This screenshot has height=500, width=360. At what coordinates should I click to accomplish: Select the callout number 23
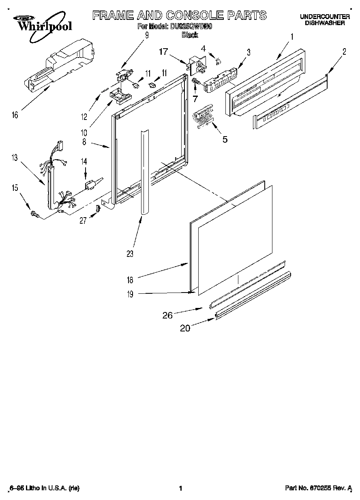tap(130, 254)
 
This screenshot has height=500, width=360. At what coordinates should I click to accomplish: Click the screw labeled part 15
tap(35, 214)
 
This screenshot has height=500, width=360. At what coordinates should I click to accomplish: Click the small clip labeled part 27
tap(98, 208)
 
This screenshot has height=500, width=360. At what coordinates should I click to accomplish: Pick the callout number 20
tap(185, 329)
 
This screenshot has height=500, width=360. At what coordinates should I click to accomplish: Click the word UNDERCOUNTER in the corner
tap(325, 17)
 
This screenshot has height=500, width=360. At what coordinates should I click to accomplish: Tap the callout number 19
tap(130, 295)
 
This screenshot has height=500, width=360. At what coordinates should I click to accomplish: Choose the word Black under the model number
tap(189, 35)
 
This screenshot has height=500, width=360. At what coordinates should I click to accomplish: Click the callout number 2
tap(344, 51)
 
